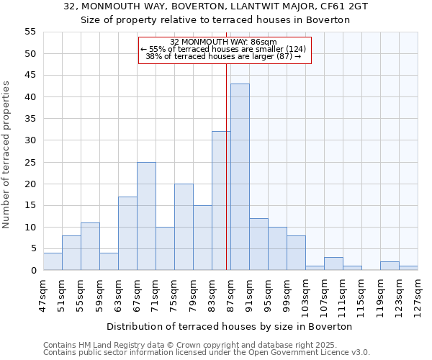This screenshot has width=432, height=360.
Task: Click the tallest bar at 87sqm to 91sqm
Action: pyautogui.click(x=240, y=177)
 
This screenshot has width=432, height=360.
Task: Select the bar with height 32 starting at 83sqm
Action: pyautogui.click(x=221, y=201)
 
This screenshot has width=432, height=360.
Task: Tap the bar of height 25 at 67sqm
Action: pyautogui.click(x=146, y=216)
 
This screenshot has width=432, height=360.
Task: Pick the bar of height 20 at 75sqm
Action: pyautogui.click(x=184, y=227)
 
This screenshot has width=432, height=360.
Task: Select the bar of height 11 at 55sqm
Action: pyautogui.click(x=90, y=246)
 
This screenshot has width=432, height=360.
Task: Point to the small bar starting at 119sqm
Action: pyautogui.click(x=390, y=266)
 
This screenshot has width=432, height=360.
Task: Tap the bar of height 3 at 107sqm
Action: pyautogui.click(x=333, y=264)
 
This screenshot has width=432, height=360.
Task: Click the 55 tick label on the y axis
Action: pyautogui.click(x=30, y=32)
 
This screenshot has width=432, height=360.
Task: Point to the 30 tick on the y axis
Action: pyautogui.click(x=30, y=140)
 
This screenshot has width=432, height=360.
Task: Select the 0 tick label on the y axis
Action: pyautogui.click(x=32, y=271)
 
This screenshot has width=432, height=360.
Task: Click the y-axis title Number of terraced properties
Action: pyautogui.click(x=7, y=154)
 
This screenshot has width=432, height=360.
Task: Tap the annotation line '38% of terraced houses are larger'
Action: pyautogui.click(x=223, y=56)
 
